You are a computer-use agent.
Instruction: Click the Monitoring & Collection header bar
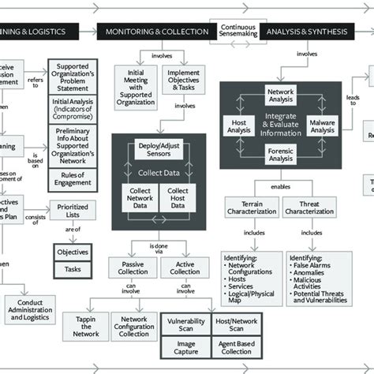(x=156, y=32)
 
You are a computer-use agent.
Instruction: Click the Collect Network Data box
(x=140, y=197)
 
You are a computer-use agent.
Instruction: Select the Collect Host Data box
(x=179, y=197)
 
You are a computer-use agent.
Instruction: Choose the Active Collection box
(x=185, y=267)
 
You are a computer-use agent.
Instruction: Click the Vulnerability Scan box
(x=185, y=326)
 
